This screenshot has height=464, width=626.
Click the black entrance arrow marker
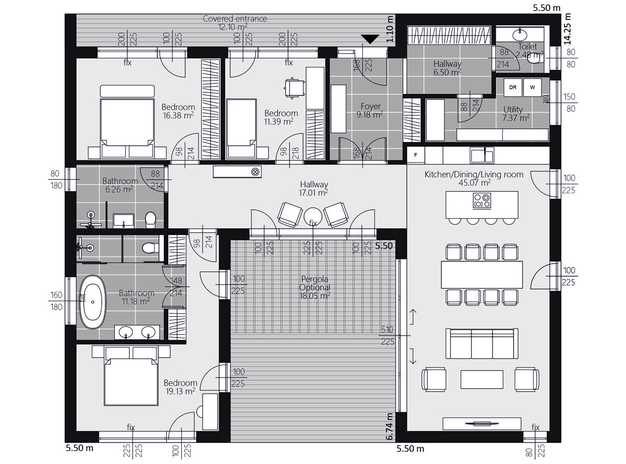(x=370, y=39)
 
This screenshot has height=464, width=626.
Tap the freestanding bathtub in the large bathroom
(x=93, y=302)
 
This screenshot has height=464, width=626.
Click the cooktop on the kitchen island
(x=482, y=201)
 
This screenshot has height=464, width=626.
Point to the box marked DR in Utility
(x=513, y=87)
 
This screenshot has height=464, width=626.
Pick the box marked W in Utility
(x=532, y=87)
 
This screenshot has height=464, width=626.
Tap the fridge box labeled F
(x=415, y=155)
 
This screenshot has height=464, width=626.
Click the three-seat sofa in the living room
(x=482, y=344)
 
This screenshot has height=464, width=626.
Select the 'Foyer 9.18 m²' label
(x=370, y=110)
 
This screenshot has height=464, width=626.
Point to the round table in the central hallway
(x=313, y=216)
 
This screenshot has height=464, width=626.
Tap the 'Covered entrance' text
(x=235, y=18)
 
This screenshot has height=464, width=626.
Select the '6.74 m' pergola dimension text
(x=389, y=427)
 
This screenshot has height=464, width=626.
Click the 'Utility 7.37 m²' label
(x=515, y=113)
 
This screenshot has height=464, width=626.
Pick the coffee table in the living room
(x=482, y=380)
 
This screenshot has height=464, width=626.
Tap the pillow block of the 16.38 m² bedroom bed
(x=127, y=91)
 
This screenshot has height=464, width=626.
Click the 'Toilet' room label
(x=527, y=46)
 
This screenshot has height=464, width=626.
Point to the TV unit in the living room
(x=482, y=424)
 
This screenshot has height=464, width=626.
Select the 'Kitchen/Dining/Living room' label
(x=474, y=174)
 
